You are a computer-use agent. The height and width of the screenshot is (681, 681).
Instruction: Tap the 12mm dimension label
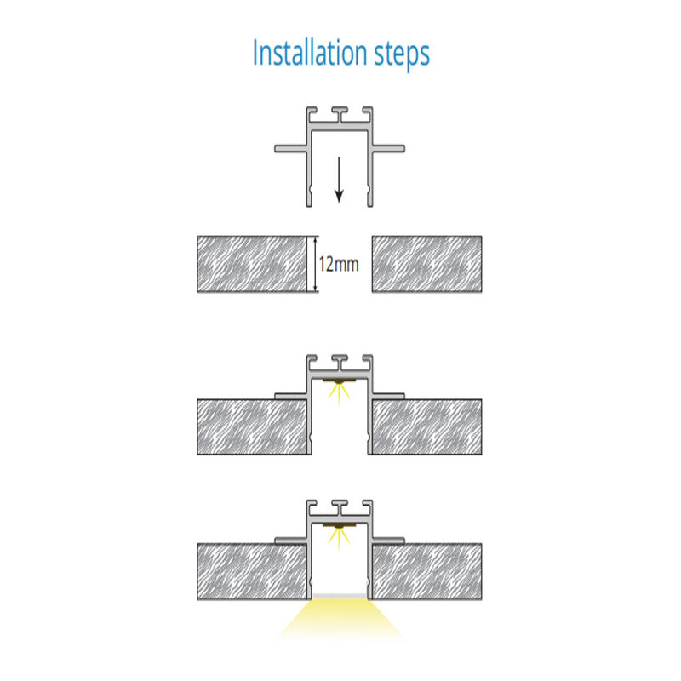click(x=339, y=264)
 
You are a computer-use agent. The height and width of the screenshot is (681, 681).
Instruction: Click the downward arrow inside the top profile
click(x=339, y=180)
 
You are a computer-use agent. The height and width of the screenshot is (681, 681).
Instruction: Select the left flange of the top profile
click(x=292, y=148)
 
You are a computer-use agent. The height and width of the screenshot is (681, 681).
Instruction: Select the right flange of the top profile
click(x=388, y=148)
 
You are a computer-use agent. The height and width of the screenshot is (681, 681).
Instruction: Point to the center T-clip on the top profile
click(x=340, y=114)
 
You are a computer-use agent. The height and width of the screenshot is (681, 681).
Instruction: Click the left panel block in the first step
click(x=252, y=264)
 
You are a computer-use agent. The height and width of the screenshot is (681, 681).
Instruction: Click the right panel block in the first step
click(x=427, y=264)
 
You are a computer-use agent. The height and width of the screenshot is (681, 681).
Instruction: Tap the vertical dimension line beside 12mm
click(x=316, y=264)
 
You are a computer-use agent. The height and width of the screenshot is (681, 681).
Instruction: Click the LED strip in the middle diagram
click(x=339, y=381)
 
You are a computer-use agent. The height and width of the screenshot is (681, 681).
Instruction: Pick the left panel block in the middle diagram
click(x=254, y=427)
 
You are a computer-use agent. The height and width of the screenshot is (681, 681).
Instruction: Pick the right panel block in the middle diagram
click(x=426, y=427)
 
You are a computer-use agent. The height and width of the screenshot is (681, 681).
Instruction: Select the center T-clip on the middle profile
click(x=340, y=362)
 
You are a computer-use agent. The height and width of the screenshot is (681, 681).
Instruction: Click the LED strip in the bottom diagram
click(x=339, y=525)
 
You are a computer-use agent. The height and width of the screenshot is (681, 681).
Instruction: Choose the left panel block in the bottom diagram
click(x=254, y=571)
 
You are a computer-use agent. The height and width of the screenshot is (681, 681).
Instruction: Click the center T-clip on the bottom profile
click(x=340, y=506)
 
